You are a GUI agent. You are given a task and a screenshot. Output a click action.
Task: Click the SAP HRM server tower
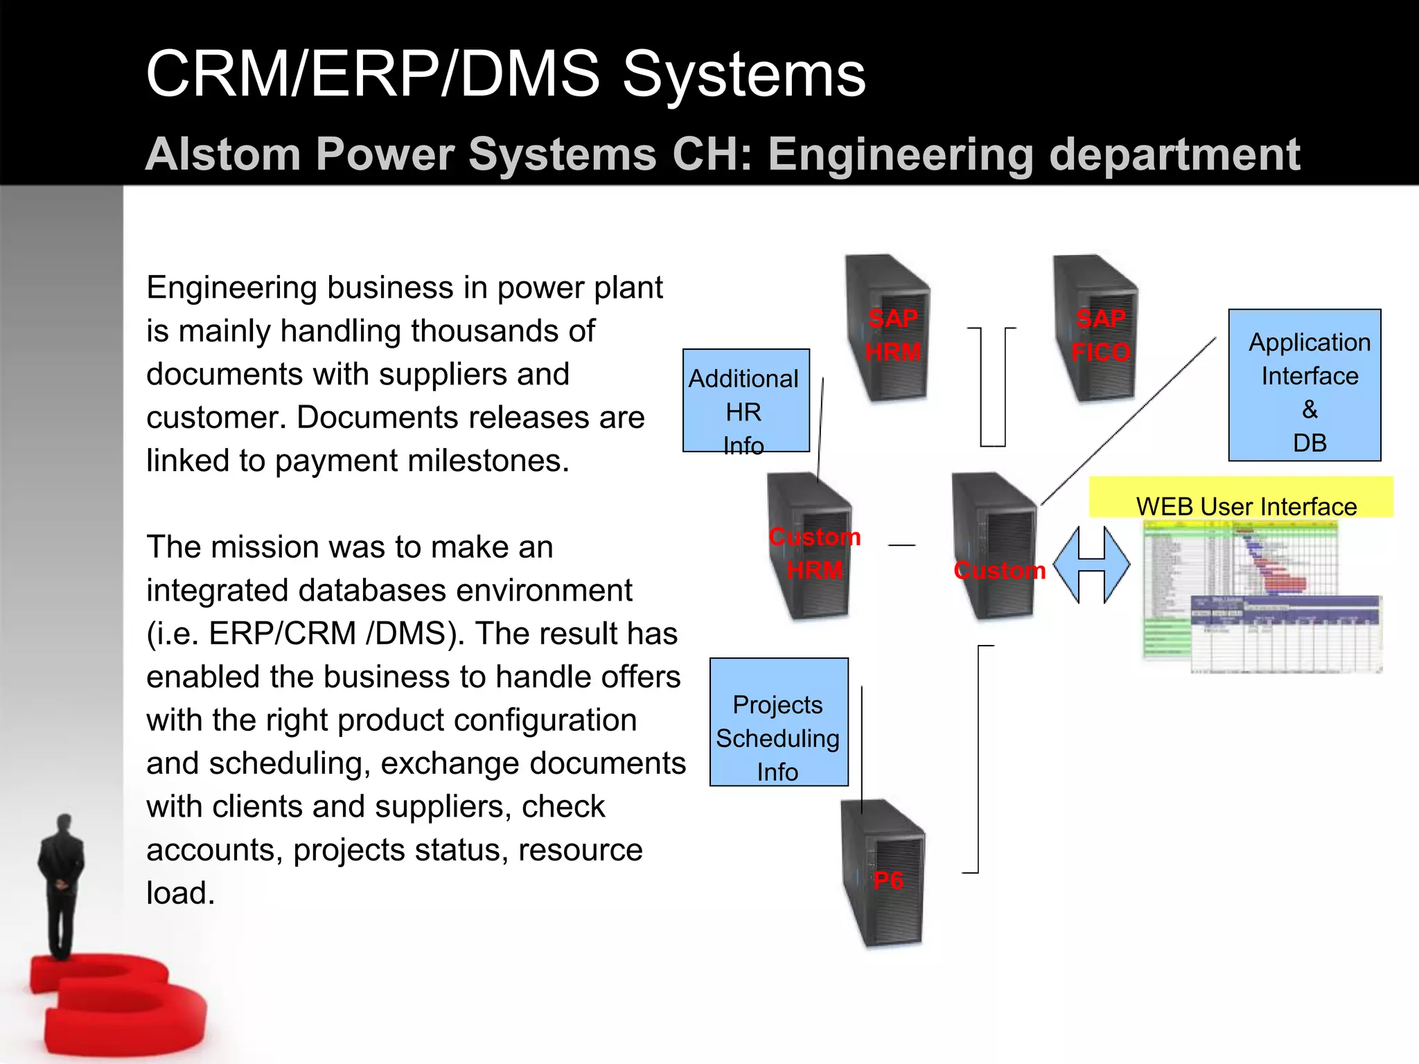pyautogui.click(x=890, y=329)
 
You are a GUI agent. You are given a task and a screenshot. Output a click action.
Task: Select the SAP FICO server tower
pyautogui.click(x=1098, y=329)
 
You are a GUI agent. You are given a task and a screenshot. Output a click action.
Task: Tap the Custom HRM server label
pyautogui.click(x=815, y=553)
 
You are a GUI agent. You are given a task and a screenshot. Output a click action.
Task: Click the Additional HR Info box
pyautogui.click(x=746, y=401)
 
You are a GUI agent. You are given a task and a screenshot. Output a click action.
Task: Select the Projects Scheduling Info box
pyautogui.click(x=779, y=722)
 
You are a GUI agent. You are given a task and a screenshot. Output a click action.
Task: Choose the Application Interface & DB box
pyautogui.click(x=1304, y=385)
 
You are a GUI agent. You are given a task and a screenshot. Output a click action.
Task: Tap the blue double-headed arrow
pyautogui.click(x=1091, y=565)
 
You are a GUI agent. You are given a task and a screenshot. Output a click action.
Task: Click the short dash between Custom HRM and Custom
pyautogui.click(x=901, y=545)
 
